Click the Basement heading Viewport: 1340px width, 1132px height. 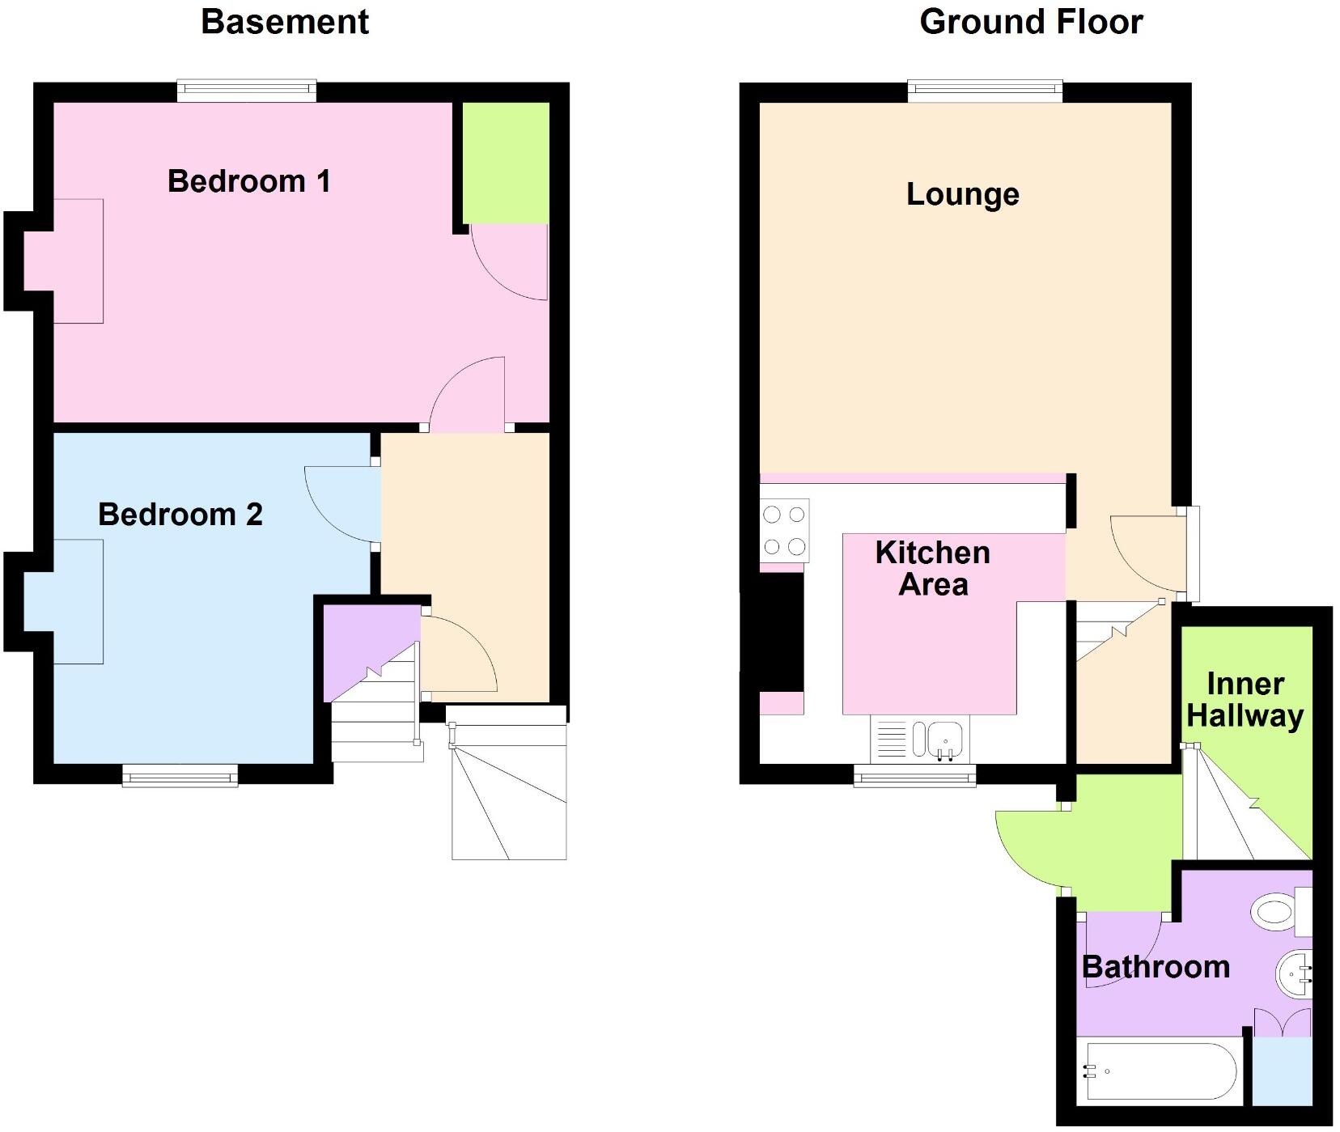[284, 22]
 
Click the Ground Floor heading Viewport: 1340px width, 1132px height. [1031, 22]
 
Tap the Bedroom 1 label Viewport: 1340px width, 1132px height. [249, 181]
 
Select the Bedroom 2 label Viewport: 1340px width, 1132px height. [180, 515]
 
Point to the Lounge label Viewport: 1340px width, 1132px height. [962, 194]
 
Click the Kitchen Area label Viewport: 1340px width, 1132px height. [933, 569]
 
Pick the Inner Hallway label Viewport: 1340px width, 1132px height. [1245, 700]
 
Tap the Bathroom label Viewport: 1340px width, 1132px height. [1156, 967]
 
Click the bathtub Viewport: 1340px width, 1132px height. [1161, 1071]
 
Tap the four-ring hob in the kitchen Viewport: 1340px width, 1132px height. [784, 531]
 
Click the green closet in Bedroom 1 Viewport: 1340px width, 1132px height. [506, 163]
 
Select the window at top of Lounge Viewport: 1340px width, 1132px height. [985, 91]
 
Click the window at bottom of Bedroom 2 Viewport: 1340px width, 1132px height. [180, 777]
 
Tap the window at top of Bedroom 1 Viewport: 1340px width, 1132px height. [247, 91]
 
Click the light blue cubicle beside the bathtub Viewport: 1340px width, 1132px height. [1282, 1071]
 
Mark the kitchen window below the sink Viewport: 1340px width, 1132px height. [915, 777]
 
